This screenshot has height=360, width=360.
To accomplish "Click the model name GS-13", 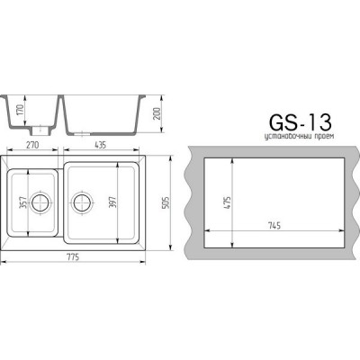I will tap(299, 123).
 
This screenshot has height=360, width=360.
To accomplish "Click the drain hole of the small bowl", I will tap(39, 202).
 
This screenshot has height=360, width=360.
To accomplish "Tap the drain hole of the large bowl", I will tap(82, 202).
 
